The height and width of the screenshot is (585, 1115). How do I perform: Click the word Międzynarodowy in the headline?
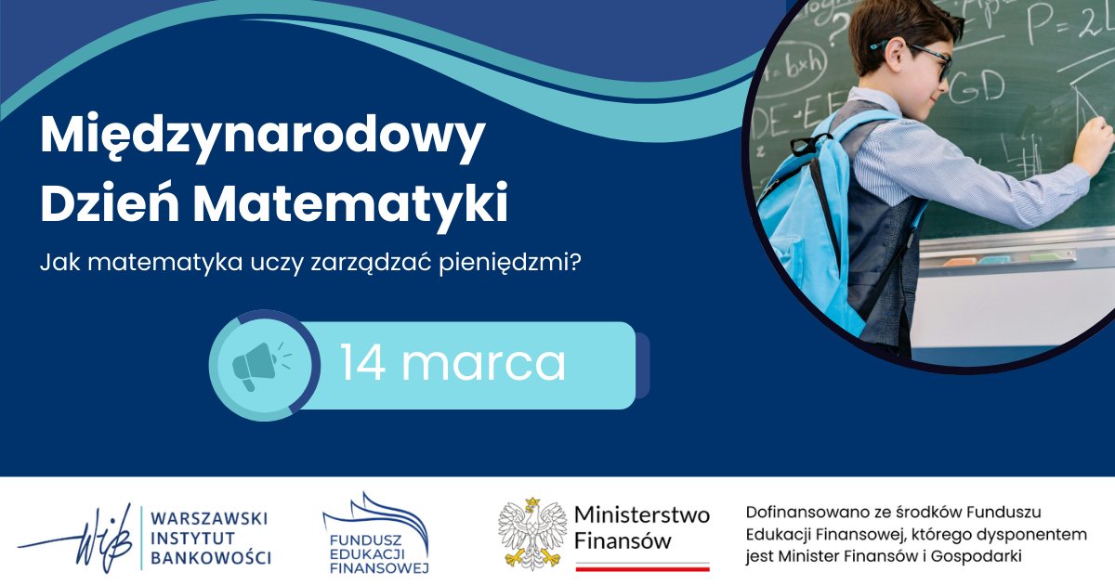pos(263,136)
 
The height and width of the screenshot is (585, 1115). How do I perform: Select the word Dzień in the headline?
pos(110,201)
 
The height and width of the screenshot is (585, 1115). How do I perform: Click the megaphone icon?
pos(261,367)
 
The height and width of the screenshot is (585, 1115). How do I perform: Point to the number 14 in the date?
pos(363,363)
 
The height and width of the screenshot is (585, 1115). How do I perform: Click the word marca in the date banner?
pos(483,366)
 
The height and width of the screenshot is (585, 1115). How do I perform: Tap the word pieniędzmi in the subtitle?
pos(510,263)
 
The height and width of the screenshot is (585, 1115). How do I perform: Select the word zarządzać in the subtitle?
pos(371,264)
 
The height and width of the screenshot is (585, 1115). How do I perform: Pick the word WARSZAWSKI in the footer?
pos(209,518)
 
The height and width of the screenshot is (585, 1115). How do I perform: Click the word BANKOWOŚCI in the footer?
pos(211,558)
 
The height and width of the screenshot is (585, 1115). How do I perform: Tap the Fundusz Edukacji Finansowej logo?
pos(375,533)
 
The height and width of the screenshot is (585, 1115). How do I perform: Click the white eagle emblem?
pos(532,534)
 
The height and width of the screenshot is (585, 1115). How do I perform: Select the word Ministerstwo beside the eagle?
pos(642,514)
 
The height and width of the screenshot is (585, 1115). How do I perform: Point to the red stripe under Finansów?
pos(643,568)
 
